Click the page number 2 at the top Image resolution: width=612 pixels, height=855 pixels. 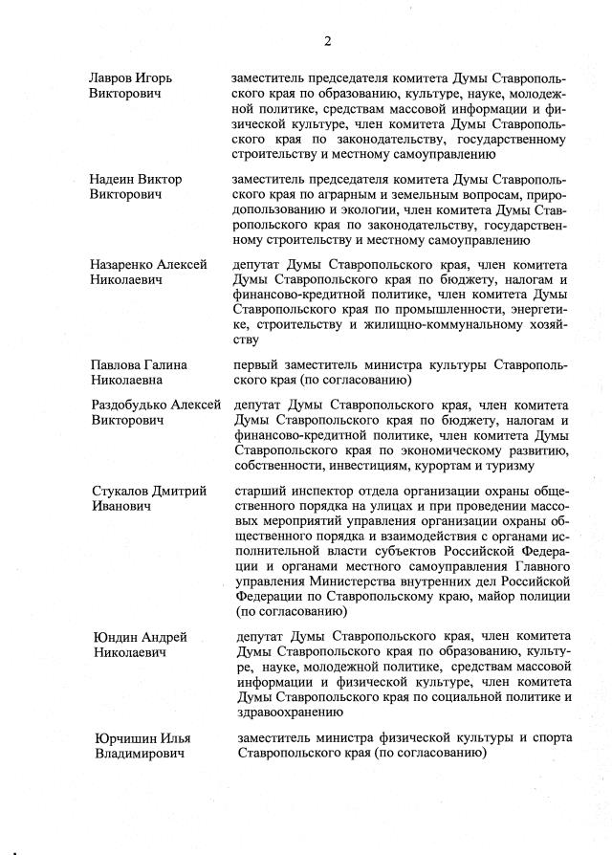[x=327, y=40]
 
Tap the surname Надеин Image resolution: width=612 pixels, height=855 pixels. [x=113, y=180]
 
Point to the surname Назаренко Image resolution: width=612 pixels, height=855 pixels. [x=124, y=265]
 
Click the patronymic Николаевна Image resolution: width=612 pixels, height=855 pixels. [x=129, y=381]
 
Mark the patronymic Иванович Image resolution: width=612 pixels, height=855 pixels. [x=120, y=507]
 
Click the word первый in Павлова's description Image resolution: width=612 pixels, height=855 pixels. [x=257, y=365]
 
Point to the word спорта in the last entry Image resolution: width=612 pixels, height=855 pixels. [x=553, y=738]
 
